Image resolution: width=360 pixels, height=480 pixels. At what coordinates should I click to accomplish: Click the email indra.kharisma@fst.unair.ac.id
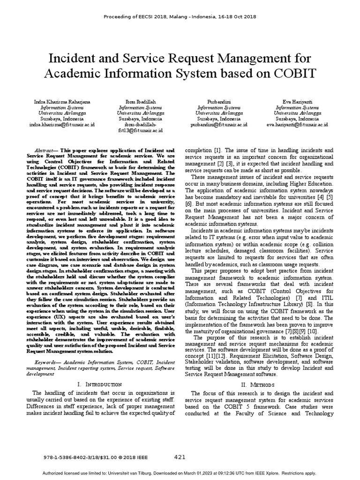coord(62,125)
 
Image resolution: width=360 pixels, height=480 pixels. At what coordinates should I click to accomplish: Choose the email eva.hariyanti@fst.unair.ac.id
coord(297,125)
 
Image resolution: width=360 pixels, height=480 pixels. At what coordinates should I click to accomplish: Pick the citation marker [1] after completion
coord(218,146)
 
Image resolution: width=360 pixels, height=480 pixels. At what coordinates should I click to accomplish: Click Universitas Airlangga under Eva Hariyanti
coord(297,113)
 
